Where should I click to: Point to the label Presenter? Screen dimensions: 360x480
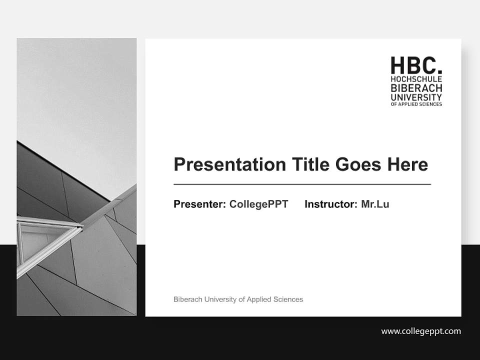199,204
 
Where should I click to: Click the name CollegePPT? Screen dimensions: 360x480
258,204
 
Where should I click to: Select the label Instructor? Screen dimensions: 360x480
331,204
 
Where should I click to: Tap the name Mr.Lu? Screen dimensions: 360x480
375,204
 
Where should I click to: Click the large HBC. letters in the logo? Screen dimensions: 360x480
416,65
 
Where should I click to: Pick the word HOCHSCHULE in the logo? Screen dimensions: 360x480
416,79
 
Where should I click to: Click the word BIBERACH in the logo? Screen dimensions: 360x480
416,88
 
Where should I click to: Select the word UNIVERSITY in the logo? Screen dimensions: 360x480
416,97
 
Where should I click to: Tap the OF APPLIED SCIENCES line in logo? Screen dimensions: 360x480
416,104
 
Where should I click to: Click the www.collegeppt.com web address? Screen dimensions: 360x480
421,331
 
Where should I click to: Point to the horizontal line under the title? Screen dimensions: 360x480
302,184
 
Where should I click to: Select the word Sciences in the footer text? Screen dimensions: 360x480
288,299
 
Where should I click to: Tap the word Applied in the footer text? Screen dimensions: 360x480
259,299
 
